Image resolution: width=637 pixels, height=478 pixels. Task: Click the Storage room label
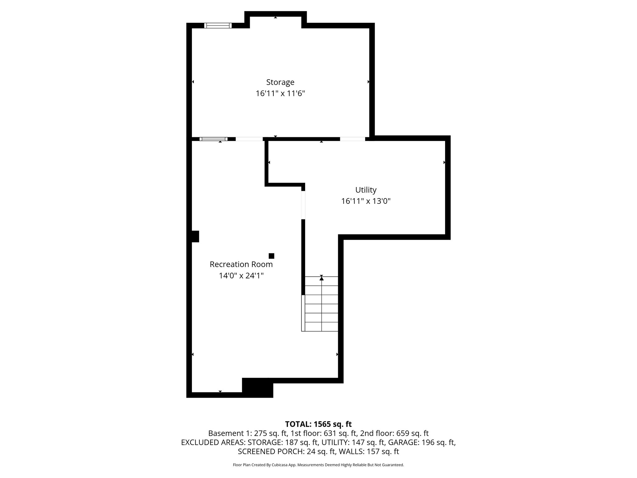280,82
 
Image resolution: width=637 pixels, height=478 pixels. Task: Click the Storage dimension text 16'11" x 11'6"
280,94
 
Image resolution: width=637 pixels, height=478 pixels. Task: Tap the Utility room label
366,190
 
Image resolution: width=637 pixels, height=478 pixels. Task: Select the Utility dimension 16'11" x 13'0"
366,201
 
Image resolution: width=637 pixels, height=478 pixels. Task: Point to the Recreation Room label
241,265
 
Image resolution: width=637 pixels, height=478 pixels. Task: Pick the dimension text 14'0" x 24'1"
241,276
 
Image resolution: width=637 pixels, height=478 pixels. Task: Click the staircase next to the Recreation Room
321,303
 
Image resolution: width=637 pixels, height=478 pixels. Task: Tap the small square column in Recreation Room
271,256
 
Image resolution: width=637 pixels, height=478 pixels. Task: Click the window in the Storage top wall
218,26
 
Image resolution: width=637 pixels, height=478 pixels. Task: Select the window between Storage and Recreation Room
213,139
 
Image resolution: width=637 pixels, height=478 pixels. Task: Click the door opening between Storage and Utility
352,139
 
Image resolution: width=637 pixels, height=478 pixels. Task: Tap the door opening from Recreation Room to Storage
249,139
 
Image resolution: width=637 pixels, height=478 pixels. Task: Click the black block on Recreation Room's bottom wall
257,387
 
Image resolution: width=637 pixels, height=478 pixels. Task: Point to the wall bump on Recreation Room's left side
195,236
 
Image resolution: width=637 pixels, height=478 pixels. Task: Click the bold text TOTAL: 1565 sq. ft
318,424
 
